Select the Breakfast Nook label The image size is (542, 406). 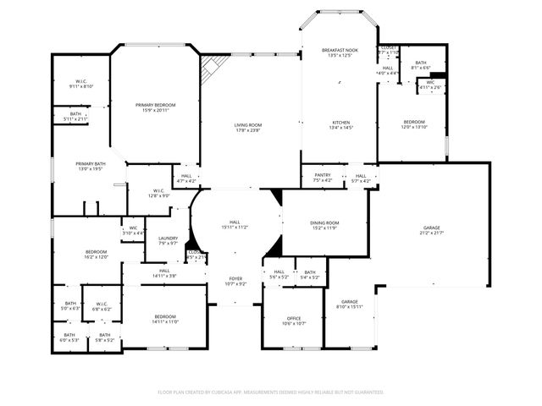340,53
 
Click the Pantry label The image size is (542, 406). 323,178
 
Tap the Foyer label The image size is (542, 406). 236,281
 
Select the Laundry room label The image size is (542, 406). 168,240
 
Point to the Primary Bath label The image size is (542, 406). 90,167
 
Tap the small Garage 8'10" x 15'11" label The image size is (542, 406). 349,304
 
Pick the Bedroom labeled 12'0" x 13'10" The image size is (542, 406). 414,124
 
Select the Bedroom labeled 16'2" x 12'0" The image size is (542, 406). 96,254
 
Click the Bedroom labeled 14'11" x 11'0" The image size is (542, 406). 165,319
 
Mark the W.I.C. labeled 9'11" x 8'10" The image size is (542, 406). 81,84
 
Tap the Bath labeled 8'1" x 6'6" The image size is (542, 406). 421,64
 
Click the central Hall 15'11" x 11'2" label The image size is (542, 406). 235,224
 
